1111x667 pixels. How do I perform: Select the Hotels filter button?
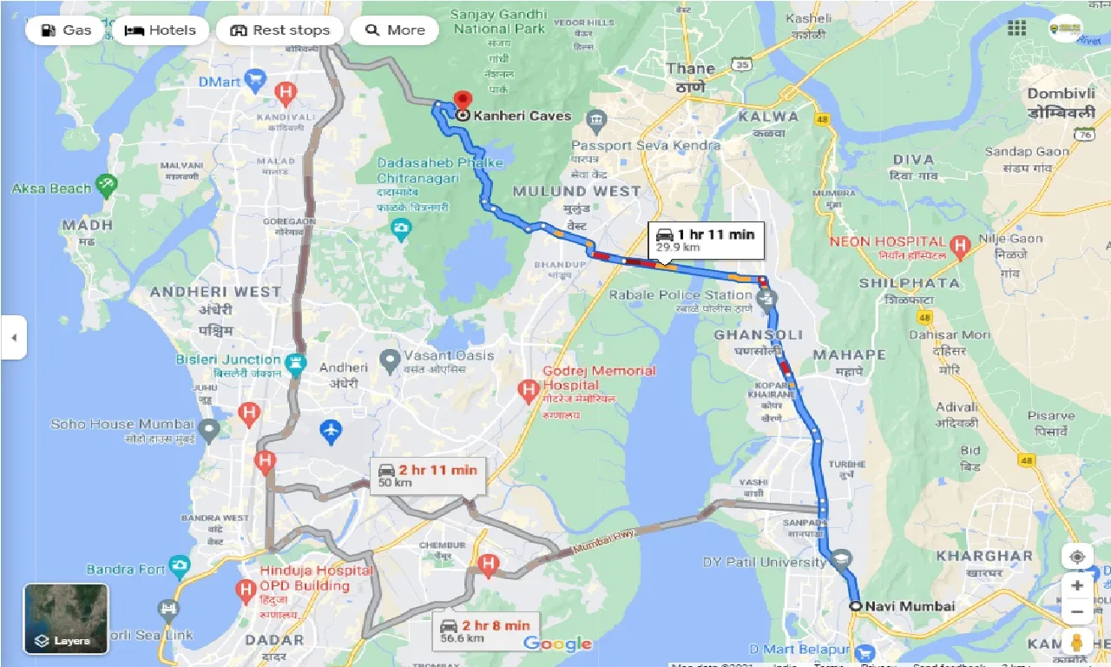click(x=160, y=30)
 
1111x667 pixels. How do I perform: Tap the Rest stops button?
click(x=279, y=30)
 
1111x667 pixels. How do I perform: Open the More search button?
click(x=395, y=30)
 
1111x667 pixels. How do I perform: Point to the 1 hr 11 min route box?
click(x=706, y=240)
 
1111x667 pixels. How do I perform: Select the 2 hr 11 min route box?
click(x=429, y=476)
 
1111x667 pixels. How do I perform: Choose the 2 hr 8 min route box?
click(x=485, y=631)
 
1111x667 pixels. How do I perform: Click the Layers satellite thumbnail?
click(x=66, y=618)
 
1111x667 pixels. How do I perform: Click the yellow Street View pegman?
click(x=1077, y=643)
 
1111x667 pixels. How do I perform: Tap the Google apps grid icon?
click(x=1016, y=29)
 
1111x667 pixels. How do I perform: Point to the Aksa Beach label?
click(x=51, y=188)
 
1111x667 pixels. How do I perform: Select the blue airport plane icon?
click(x=332, y=430)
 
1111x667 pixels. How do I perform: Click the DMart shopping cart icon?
click(x=254, y=82)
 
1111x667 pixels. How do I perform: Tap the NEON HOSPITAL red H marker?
click(x=959, y=246)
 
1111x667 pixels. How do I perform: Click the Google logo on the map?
click(x=557, y=644)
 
